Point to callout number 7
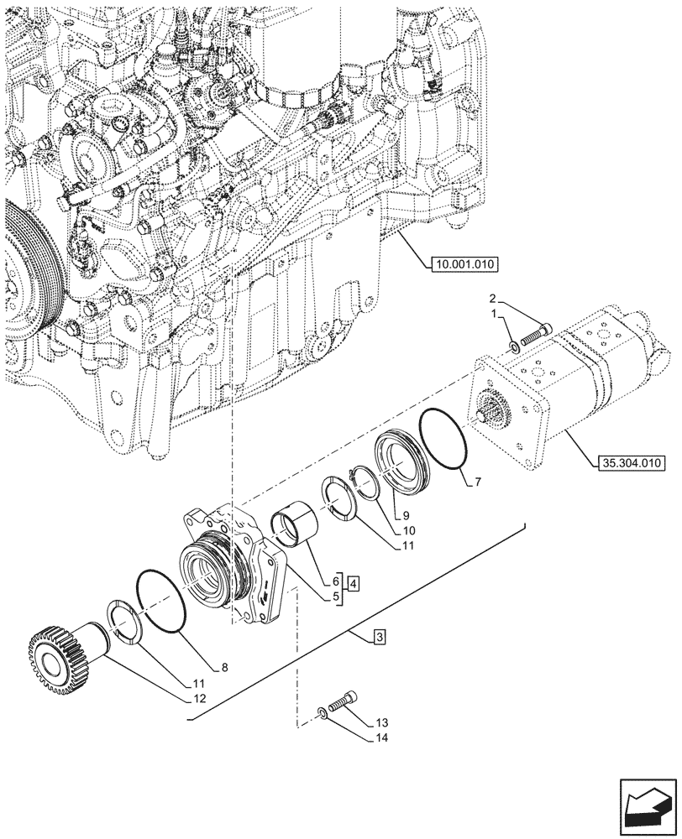(x=478, y=482)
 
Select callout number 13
(x=383, y=722)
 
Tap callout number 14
(x=383, y=738)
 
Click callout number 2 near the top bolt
(x=494, y=298)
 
